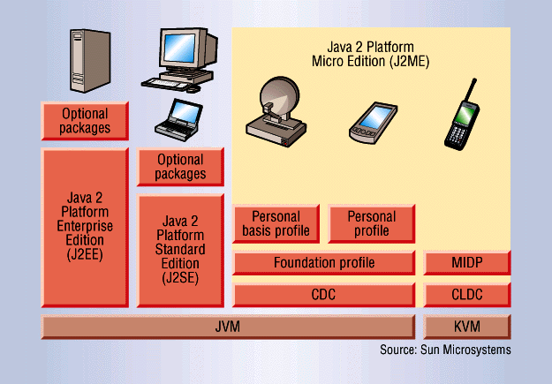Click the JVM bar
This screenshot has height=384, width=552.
[x=228, y=327]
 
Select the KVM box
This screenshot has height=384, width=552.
[x=467, y=327]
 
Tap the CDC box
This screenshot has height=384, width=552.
[x=324, y=295]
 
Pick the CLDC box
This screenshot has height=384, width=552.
[x=467, y=295]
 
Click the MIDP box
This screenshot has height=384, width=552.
[x=467, y=263]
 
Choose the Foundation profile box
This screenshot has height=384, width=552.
[x=324, y=263]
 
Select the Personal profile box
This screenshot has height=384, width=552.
[x=372, y=224]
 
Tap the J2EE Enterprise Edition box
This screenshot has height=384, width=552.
[x=85, y=227]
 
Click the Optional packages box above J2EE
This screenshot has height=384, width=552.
[x=85, y=121]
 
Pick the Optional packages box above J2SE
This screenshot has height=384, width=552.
[x=180, y=167]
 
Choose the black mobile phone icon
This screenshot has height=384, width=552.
[x=459, y=114]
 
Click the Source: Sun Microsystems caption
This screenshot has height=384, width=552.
[x=445, y=350]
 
